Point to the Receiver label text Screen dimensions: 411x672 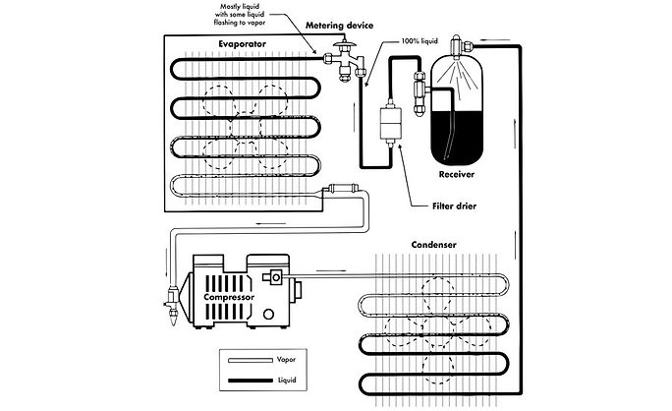coord(454,173)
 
